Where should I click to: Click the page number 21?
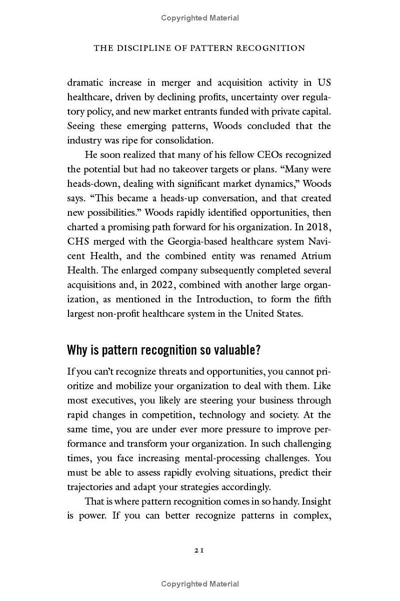[199, 550]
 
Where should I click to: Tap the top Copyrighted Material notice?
[200, 18]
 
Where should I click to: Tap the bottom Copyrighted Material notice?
[200, 584]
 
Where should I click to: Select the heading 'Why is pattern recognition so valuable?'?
[164, 350]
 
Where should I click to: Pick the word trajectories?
[91, 487]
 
